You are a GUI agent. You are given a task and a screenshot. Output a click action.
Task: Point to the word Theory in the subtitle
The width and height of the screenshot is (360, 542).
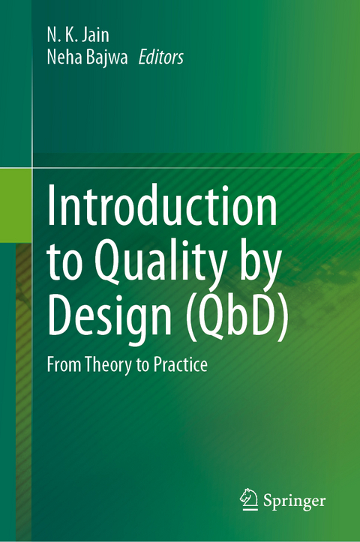106,364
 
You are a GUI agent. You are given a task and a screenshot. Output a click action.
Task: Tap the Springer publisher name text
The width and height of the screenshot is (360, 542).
295,499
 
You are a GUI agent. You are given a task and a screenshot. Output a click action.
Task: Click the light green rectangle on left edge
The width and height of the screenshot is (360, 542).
16,205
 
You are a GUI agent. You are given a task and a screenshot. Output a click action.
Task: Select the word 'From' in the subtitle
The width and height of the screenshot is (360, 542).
64,364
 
